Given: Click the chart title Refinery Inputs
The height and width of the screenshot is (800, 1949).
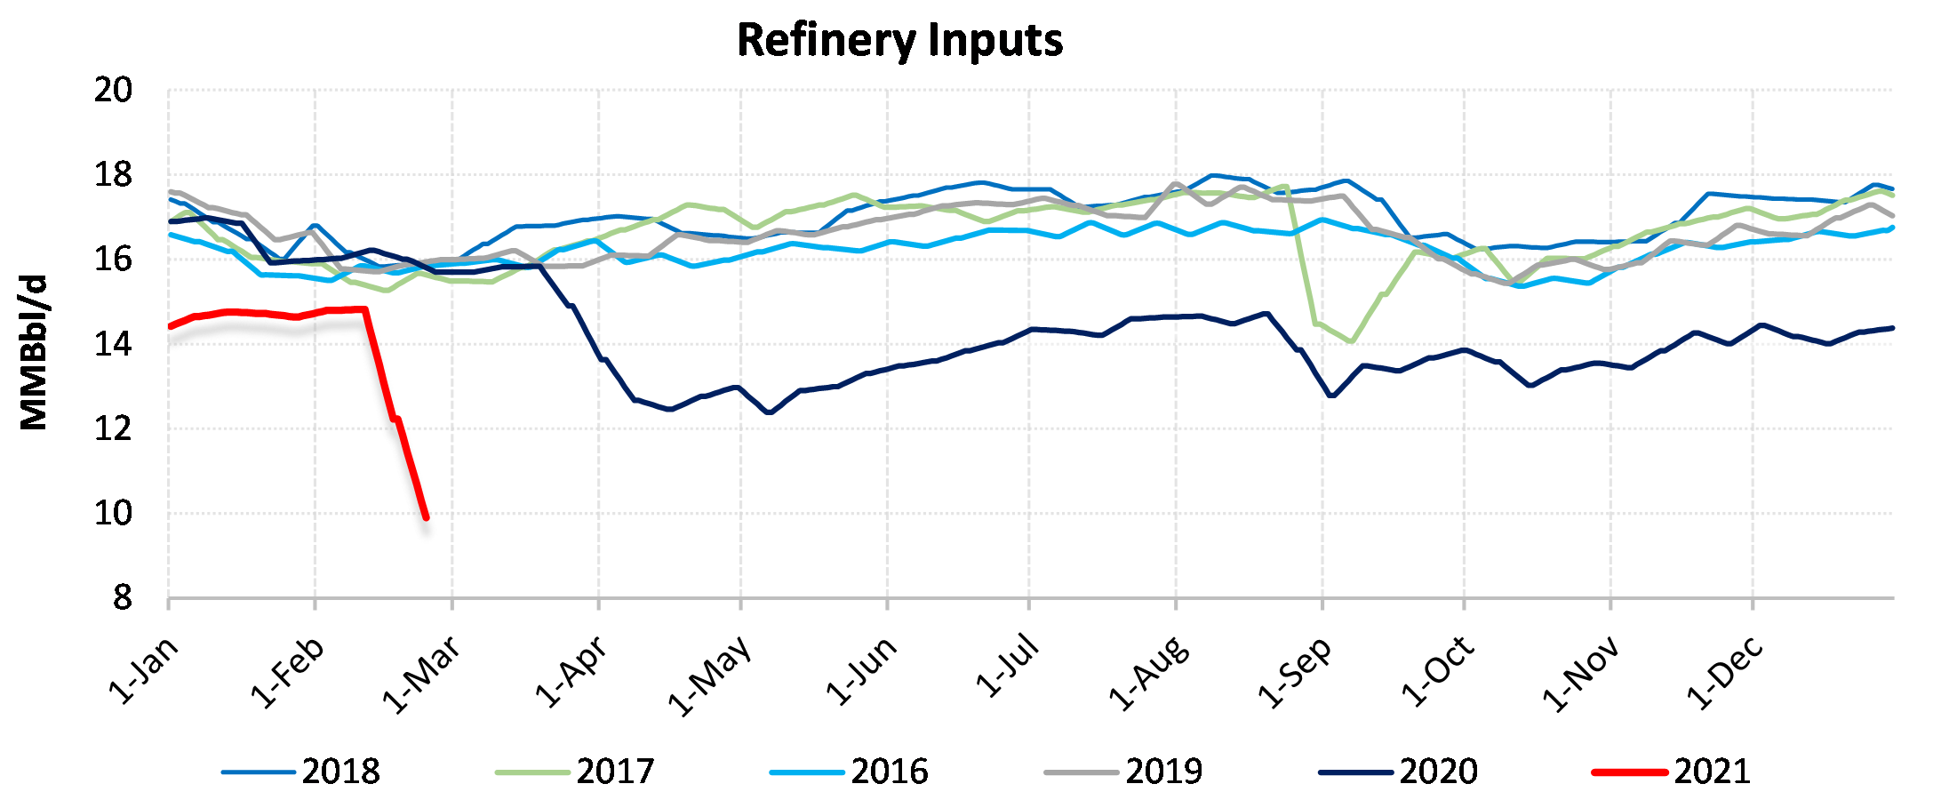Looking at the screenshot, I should (x=899, y=41).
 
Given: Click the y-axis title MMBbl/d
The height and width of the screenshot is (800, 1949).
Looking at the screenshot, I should (x=34, y=352).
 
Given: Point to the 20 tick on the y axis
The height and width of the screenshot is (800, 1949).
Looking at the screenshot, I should (x=113, y=90).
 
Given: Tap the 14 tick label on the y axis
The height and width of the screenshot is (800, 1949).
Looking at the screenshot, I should (x=113, y=344).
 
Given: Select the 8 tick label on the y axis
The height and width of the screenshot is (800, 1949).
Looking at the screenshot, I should (x=122, y=598).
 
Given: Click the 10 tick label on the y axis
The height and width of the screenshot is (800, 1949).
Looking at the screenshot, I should (x=113, y=514).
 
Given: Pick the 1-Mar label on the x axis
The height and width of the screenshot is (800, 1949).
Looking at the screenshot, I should (x=421, y=674).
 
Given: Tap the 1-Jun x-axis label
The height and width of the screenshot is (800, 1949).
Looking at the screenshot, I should (x=861, y=671).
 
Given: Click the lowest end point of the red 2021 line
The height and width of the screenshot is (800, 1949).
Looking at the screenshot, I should (x=427, y=517).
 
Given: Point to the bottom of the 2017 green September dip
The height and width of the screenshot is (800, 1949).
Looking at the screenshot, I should (x=1352, y=341).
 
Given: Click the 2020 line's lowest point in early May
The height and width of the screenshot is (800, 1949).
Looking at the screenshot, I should (x=769, y=412).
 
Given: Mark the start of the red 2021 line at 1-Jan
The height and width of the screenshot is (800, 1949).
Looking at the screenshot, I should (x=170, y=326).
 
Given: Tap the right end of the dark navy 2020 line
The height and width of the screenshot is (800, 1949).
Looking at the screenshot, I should (x=1893, y=328).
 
